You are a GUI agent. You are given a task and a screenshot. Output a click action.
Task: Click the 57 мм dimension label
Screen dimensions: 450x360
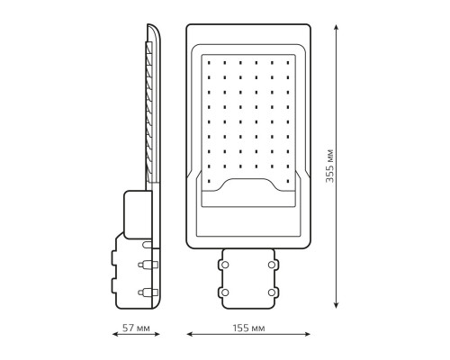pyautogui.click(x=136, y=328)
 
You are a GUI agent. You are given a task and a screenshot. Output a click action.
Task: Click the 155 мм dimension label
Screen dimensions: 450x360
pyautogui.click(x=248, y=328)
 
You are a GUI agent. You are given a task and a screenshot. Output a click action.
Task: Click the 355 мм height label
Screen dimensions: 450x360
pyautogui.click(x=329, y=166)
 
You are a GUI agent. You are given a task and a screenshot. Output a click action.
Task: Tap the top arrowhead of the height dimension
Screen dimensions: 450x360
pyautogui.click(x=337, y=27)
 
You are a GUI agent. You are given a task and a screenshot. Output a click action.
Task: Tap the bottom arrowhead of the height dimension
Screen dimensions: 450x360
pyautogui.click(x=337, y=305)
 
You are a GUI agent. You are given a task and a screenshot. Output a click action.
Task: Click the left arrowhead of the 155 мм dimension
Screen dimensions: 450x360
pyautogui.click(x=189, y=334)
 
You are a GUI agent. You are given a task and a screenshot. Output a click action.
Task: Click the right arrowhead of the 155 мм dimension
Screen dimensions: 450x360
pyautogui.click(x=308, y=334)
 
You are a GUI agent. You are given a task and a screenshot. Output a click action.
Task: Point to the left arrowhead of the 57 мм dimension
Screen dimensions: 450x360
pyautogui.click(x=115, y=334)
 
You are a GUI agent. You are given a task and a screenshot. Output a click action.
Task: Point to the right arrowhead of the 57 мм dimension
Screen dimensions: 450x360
pyautogui.click(x=157, y=334)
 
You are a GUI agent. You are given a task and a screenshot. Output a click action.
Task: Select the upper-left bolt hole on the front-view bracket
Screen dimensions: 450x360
pyautogui.click(x=225, y=265)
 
